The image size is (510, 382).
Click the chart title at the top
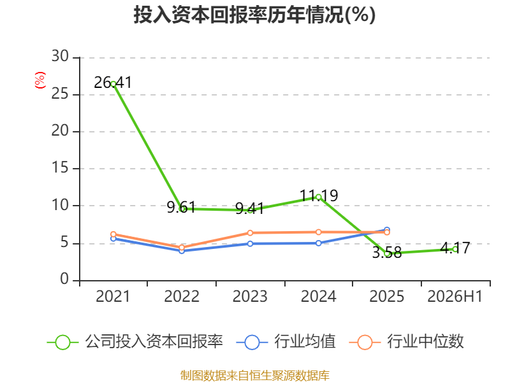(x=254, y=15)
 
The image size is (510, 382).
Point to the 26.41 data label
(x=113, y=83)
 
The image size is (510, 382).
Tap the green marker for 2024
(x=318, y=197)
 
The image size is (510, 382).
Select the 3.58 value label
(x=387, y=253)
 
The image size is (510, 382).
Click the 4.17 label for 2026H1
(x=455, y=248)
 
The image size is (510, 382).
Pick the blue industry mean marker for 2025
(x=387, y=230)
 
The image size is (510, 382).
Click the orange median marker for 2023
(x=250, y=233)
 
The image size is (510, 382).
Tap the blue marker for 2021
(x=113, y=239)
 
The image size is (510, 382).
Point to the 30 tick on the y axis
(x=60, y=57)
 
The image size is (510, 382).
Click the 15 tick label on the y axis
(x=60, y=168)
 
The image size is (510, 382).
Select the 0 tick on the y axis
(x=64, y=279)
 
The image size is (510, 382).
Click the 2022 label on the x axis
(x=182, y=296)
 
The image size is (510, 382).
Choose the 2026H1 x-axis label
(x=455, y=296)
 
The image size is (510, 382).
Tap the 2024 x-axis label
(x=318, y=296)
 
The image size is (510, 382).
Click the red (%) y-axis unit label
(x=40, y=80)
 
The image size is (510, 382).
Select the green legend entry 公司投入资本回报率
(x=135, y=342)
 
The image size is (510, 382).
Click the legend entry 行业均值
(x=286, y=342)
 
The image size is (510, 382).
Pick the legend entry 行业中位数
(x=406, y=342)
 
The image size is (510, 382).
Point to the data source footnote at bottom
(x=254, y=376)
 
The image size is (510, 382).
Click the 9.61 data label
(x=182, y=208)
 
